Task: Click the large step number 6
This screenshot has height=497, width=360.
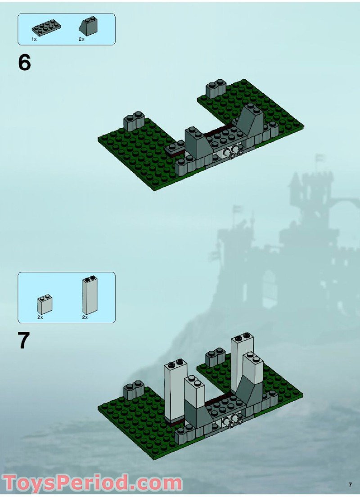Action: click(x=24, y=63)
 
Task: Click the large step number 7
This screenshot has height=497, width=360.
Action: click(x=24, y=341)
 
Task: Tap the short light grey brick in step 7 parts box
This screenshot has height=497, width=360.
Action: click(x=45, y=305)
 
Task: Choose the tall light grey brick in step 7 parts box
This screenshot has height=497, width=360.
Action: click(x=90, y=295)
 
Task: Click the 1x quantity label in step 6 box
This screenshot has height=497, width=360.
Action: click(x=34, y=40)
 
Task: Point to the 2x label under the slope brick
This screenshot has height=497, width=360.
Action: click(x=81, y=40)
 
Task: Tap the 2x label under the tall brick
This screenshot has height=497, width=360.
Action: click(x=85, y=317)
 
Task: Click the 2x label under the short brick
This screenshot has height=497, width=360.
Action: click(x=40, y=317)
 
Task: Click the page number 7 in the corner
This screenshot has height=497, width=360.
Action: click(x=350, y=484)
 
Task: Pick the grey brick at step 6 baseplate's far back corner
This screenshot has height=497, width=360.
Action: click(x=216, y=89)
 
